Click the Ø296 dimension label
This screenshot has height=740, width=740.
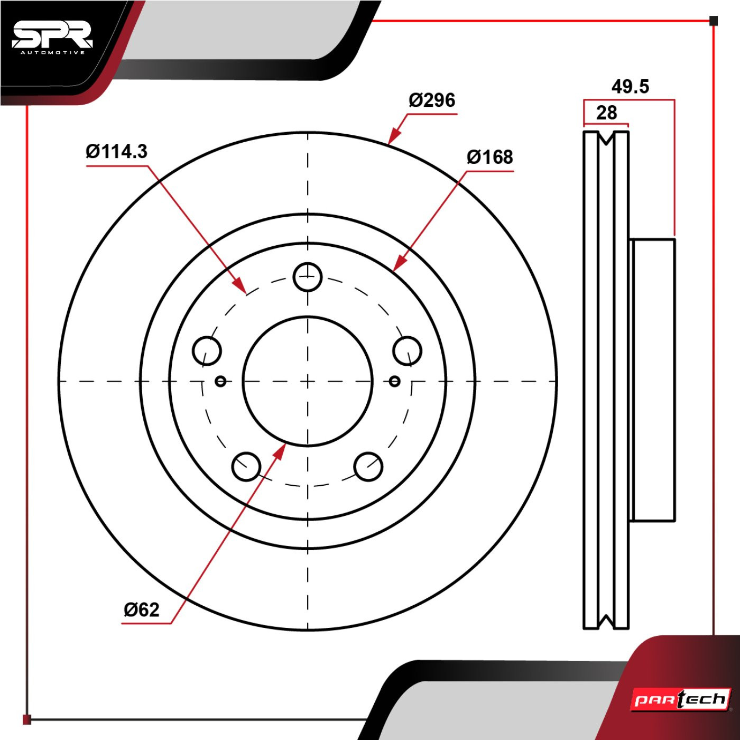[432, 100]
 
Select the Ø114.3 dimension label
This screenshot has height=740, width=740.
[117, 152]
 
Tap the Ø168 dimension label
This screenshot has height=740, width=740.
[489, 157]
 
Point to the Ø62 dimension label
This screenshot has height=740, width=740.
[142, 610]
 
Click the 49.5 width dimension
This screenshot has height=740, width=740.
[630, 86]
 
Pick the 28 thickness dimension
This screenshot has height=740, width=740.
[606, 113]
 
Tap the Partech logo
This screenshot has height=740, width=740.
[681, 700]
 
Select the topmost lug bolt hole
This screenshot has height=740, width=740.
[308, 276]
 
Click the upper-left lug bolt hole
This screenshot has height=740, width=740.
[207, 351]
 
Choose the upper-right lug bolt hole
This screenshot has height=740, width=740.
[408, 351]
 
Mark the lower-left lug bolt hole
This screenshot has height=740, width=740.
[246, 466]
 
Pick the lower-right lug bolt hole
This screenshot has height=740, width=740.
[368, 466]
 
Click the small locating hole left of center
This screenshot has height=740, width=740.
[221, 381]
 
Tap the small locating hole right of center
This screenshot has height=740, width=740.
[394, 381]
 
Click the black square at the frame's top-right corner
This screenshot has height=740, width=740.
[714, 21]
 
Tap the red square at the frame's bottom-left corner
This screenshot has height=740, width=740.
[27, 719]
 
